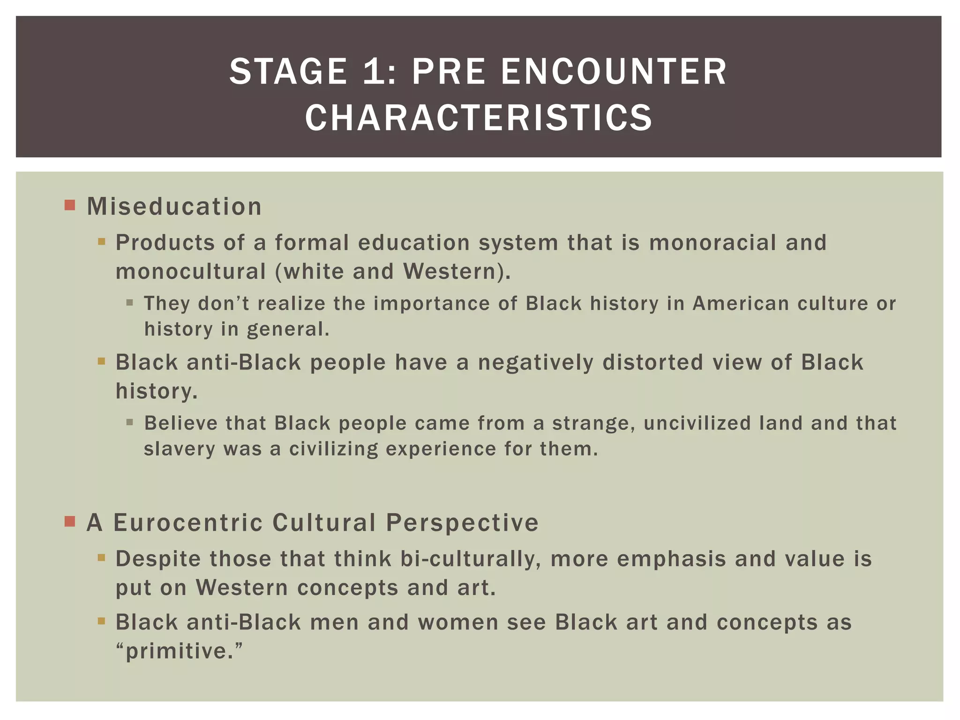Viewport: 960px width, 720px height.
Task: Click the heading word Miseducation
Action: point(174,207)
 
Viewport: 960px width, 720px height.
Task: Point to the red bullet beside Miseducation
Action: point(70,205)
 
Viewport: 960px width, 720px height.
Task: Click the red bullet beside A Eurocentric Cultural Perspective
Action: point(70,521)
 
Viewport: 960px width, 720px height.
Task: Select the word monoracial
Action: point(712,243)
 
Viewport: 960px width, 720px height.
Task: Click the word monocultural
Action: point(191,272)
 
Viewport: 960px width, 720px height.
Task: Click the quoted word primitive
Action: point(179,651)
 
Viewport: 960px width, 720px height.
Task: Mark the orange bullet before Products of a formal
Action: point(101,242)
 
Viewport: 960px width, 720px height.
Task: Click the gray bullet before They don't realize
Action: point(130,303)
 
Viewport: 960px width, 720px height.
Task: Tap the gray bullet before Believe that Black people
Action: point(130,423)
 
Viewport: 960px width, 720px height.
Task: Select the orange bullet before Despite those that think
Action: point(101,558)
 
